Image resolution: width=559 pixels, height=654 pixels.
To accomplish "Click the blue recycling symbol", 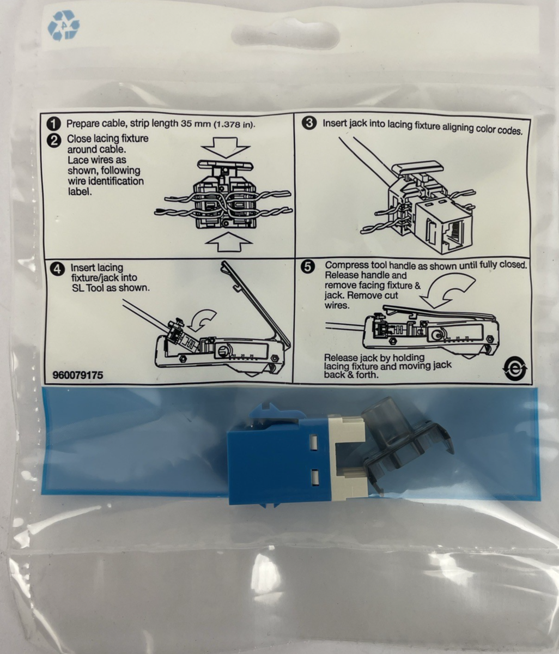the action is coord(64,26).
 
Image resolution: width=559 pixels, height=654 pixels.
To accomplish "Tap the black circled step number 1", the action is coord(54,124).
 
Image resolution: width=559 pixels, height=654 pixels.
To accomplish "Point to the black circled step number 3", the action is coord(309,123).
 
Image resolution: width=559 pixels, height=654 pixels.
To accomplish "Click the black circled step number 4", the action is coord(57,269).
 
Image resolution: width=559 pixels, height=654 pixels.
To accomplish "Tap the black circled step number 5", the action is coord(308,267).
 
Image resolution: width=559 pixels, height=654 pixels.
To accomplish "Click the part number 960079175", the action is coord(78,376).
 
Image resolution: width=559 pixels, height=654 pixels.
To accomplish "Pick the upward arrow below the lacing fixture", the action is coord(228,241).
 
